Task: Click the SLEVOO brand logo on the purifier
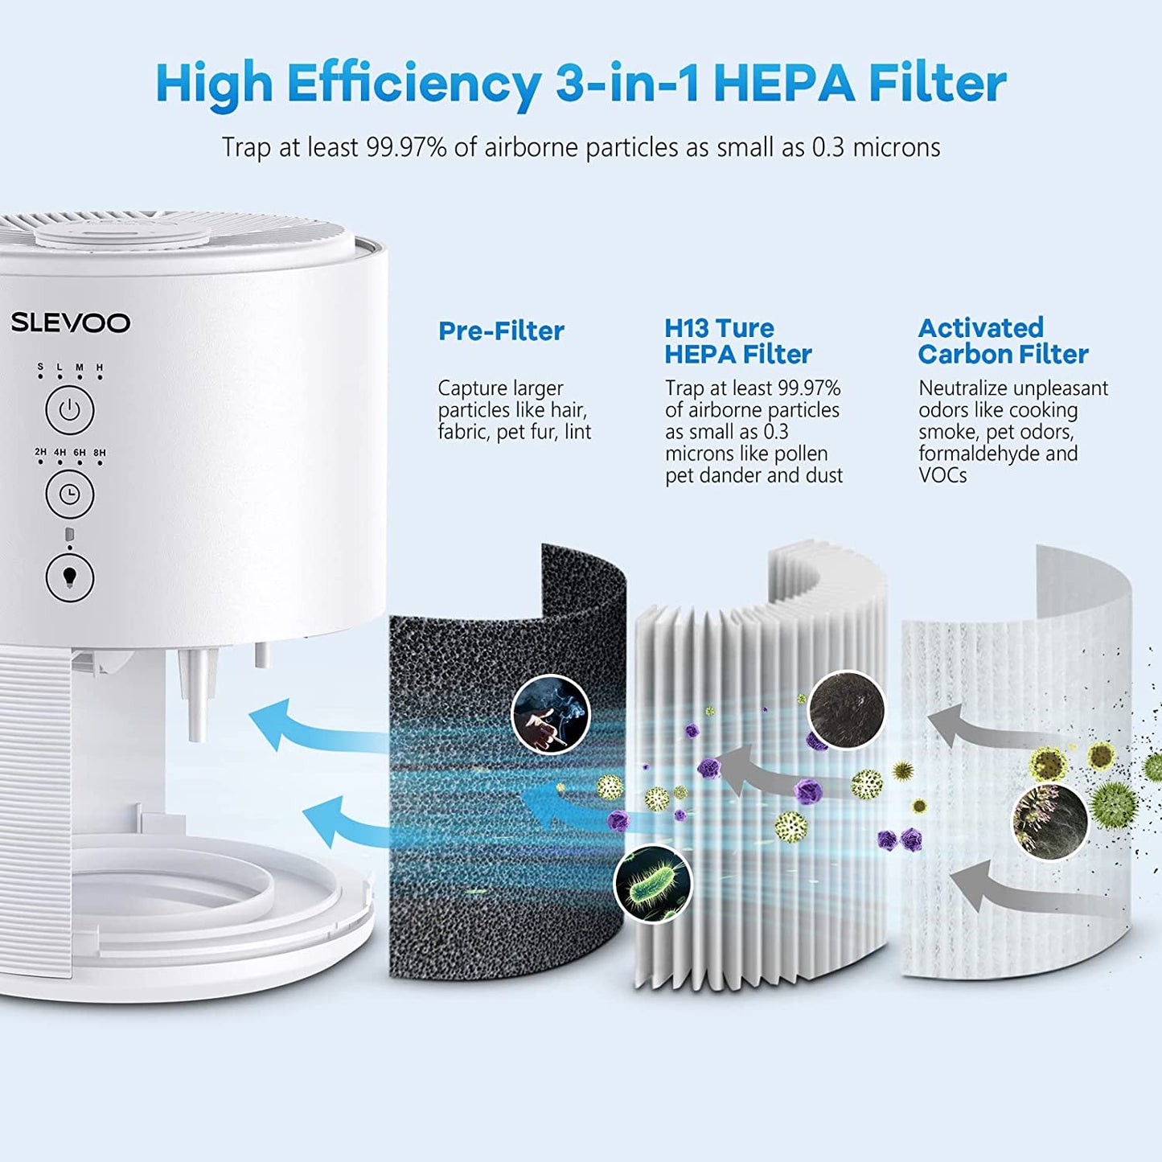click(x=70, y=322)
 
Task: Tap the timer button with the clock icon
click(x=70, y=494)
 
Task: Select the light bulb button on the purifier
click(x=70, y=577)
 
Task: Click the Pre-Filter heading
click(x=501, y=331)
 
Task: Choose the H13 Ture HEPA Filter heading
click(x=737, y=341)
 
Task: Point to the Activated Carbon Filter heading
click(x=1003, y=341)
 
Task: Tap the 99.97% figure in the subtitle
click(x=406, y=147)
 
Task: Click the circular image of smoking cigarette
click(x=551, y=714)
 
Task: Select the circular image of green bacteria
click(x=653, y=883)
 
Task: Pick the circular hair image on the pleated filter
click(x=846, y=710)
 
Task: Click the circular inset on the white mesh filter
click(x=1050, y=821)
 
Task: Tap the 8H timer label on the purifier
click(x=100, y=453)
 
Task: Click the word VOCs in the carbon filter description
click(x=942, y=475)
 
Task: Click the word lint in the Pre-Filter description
click(x=577, y=432)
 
